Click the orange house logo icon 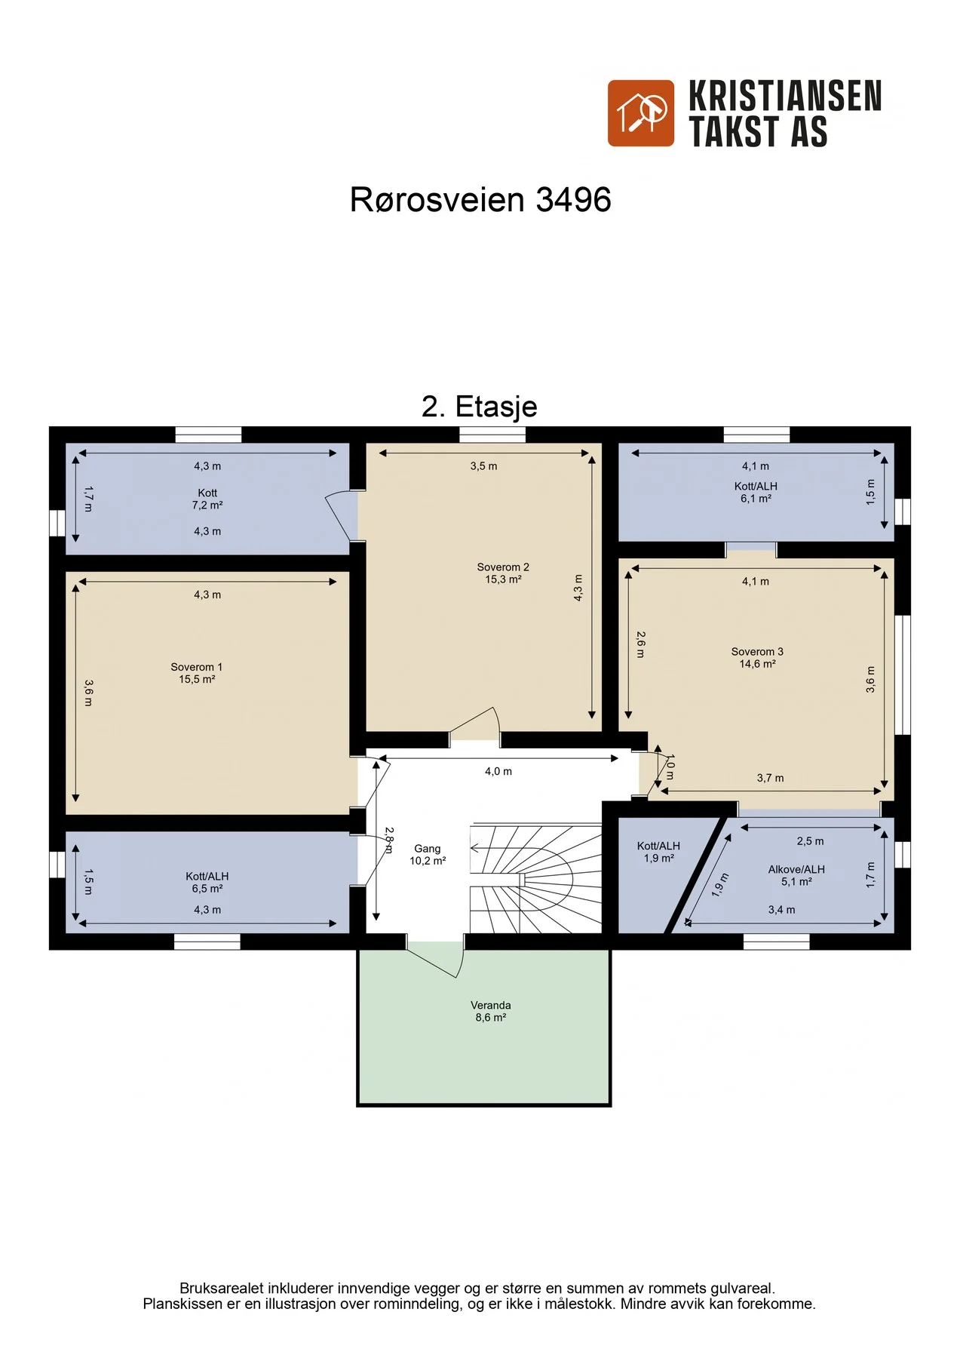[641, 113]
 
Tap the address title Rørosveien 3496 [480, 200]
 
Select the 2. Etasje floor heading [480, 407]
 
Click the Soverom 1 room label [197, 673]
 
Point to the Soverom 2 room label [503, 573]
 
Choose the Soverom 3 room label [757, 658]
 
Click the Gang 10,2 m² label [428, 855]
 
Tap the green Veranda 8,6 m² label [491, 1012]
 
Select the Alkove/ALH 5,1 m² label [796, 875]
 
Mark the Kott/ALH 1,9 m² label [658, 852]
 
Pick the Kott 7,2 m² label [207, 499]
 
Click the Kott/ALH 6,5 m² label [207, 883]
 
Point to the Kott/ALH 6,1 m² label [756, 493]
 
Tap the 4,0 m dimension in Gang [498, 772]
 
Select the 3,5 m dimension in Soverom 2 [484, 466]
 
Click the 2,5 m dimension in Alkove [811, 841]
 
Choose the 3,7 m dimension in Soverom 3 [770, 779]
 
